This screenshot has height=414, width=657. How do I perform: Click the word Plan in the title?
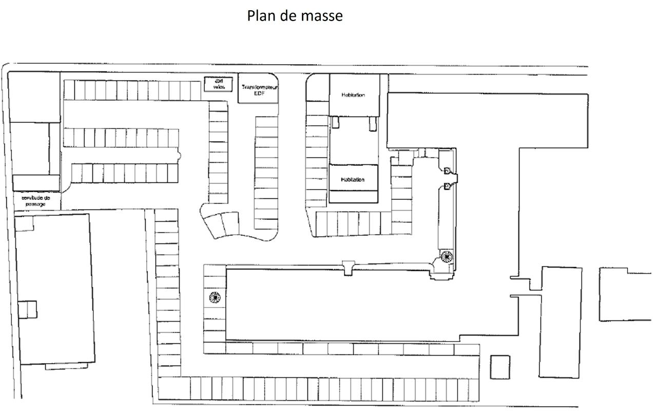[x=261, y=16]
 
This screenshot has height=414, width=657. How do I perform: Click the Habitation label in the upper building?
[x=353, y=95]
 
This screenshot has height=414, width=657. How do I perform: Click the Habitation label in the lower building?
[x=353, y=180]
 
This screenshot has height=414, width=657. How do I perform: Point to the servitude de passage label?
[x=35, y=200]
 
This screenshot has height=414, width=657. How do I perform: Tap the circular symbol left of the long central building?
[x=215, y=296]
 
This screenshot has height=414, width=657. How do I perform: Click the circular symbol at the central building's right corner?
[x=446, y=256]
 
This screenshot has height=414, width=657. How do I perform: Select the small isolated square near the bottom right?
[x=500, y=367]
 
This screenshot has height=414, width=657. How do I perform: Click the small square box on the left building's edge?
[x=28, y=309]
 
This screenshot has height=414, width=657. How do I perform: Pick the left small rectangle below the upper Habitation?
[x=335, y=122]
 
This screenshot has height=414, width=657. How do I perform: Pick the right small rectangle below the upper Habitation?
[x=372, y=123]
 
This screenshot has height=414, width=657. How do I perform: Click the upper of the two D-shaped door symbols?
[x=447, y=171]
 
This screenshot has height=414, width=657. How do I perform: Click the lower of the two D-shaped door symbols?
[x=447, y=185]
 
